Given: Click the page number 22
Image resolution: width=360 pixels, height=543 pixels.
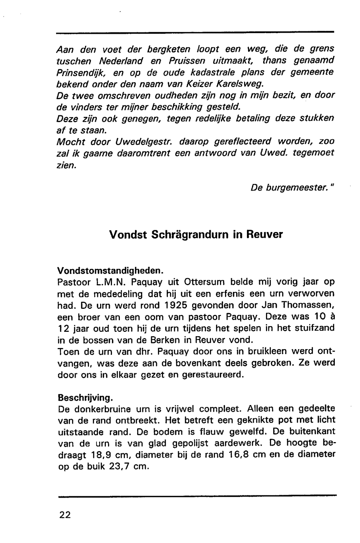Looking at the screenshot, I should pos(65,515).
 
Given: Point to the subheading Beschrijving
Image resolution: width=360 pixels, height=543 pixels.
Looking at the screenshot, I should pos(85,398).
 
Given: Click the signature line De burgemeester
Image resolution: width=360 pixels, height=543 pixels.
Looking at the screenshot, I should pos(292,188).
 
